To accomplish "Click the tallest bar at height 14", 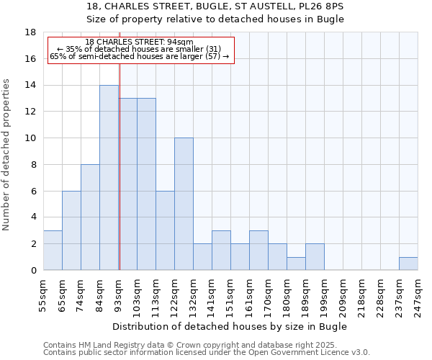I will tap(109, 178).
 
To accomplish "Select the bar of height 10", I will tap(184, 204).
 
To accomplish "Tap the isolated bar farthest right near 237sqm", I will tap(408, 264).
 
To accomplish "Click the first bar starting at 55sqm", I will tap(53, 251).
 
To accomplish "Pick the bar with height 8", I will tap(90, 217).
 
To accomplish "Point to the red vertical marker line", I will tap(120, 180).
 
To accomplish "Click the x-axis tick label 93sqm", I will tap(118, 294).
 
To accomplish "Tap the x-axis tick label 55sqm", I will tap(43, 294).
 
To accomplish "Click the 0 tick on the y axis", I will tap(33, 271).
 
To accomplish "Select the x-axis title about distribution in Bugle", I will tap(230, 326).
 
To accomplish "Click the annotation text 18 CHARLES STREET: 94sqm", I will tap(139, 42).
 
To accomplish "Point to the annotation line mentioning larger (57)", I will tap(139, 56).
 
